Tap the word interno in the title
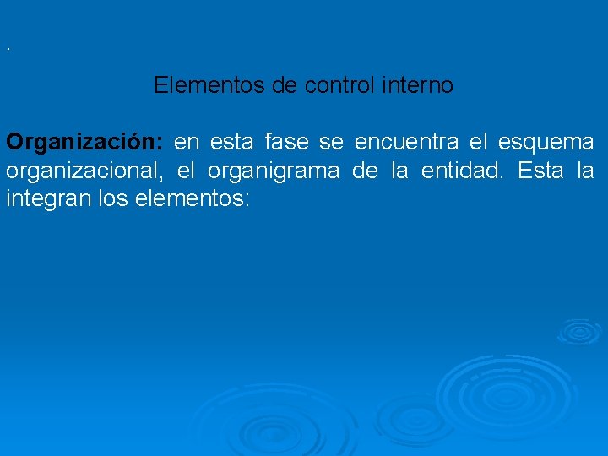click(419, 85)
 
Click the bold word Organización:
click(86, 142)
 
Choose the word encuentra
click(408, 142)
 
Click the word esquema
click(546, 142)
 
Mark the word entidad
click(463, 171)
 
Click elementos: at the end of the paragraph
click(192, 201)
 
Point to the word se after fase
click(331, 142)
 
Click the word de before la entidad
click(365, 171)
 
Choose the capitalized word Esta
click(540, 171)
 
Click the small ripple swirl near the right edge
click(578, 330)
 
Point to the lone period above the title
click(8, 48)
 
